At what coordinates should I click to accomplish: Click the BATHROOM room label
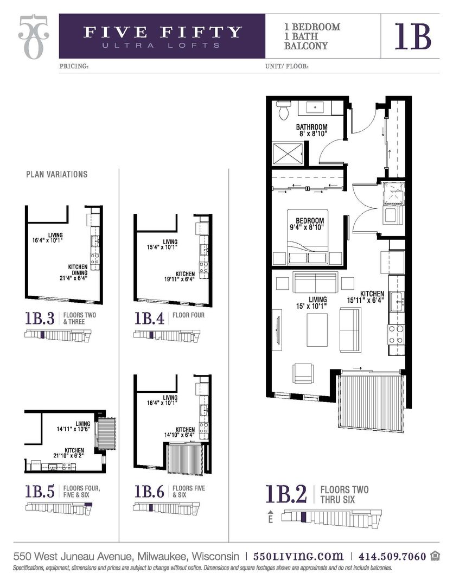tap(311, 127)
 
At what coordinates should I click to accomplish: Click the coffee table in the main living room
tap(317, 330)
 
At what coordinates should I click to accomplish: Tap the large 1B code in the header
tap(413, 36)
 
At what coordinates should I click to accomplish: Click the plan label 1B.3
tap(39, 318)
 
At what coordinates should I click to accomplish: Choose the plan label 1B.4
tap(149, 318)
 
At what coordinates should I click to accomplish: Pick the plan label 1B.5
tap(39, 491)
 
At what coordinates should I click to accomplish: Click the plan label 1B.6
tap(149, 491)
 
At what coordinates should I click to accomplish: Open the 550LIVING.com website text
tap(298, 556)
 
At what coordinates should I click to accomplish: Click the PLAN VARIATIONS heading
tap(56, 175)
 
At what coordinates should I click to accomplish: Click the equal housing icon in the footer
tap(435, 556)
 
